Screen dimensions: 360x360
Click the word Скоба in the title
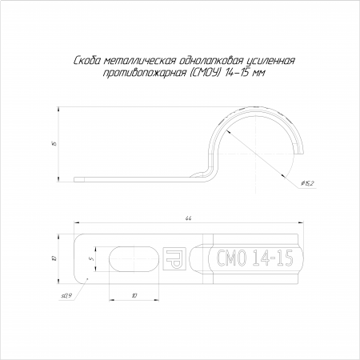coord(87,61)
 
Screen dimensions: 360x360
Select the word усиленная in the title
coord(270,61)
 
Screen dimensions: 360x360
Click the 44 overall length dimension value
coord(189,218)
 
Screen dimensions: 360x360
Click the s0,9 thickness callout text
coord(66,296)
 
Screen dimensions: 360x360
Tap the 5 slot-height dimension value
coord(92,259)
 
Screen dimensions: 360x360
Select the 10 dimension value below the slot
coord(134,295)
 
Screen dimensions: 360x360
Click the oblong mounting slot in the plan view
coord(134,259)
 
